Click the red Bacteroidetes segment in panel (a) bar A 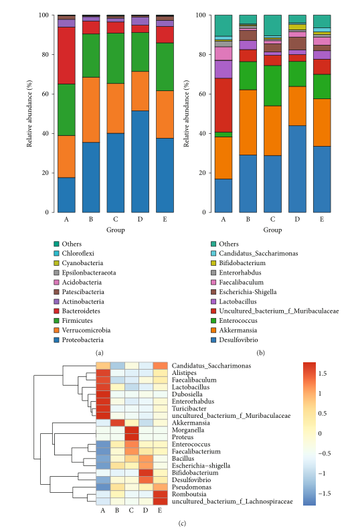[66, 56]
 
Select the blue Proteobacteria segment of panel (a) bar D [140, 161]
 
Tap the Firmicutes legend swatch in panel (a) [56, 321]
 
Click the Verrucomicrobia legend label [86, 330]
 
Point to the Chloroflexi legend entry [78, 253]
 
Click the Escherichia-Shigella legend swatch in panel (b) [213, 292]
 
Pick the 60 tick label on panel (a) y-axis [46, 94]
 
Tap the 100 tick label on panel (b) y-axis [201, 15]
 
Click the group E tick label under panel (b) [322, 220]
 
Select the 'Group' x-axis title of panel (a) [116, 230]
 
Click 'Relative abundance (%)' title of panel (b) [187, 113]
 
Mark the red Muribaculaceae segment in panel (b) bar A [223, 105]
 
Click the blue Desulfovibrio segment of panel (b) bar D [297, 169]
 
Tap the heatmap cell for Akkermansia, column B [117, 423]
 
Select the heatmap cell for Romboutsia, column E [160, 494]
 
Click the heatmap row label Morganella [188, 430]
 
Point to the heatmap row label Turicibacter [189, 408]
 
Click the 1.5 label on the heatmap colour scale [323, 374]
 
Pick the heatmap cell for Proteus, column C [132, 437]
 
